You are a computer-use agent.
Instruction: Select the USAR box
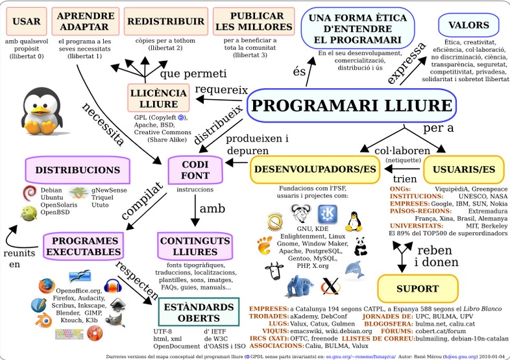(x=27, y=21)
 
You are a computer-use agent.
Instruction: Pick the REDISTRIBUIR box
(x=158, y=21)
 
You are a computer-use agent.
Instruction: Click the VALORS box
(x=464, y=25)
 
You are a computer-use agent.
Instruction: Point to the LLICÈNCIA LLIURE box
(x=158, y=98)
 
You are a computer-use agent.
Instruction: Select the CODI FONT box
(x=195, y=170)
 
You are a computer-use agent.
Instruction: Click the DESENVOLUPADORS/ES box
(x=315, y=170)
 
